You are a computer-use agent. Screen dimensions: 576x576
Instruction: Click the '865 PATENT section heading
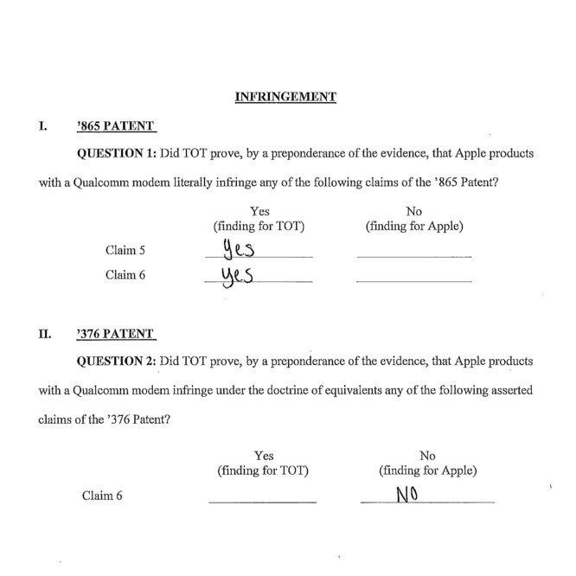point(115,126)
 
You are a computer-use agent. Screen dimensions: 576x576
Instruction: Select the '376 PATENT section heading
point(115,333)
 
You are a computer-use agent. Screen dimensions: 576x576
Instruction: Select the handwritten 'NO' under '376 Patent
point(408,496)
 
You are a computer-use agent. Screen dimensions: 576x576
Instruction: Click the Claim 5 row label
point(124,252)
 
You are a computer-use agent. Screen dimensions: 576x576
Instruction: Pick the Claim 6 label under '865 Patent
point(124,276)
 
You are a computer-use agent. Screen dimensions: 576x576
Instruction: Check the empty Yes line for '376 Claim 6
point(263,502)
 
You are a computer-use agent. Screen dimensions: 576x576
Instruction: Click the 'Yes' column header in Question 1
point(259,212)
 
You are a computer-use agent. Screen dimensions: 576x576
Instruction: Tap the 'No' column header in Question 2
point(427,456)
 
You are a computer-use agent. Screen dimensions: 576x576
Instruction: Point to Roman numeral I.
point(42,126)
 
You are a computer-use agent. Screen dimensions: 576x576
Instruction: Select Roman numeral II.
point(44,333)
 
